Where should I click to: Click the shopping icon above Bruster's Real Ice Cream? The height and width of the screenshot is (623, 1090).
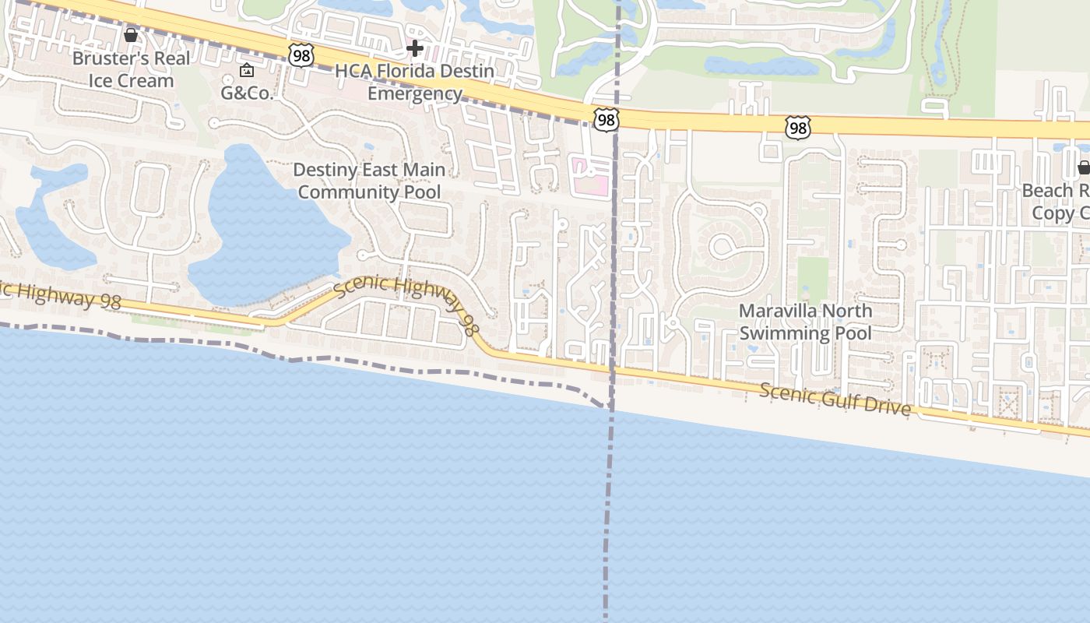click(x=131, y=35)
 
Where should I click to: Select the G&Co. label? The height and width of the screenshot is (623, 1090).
click(x=247, y=93)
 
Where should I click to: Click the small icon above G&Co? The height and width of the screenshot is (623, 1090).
click(x=247, y=71)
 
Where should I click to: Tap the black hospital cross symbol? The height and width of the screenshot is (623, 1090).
click(x=415, y=49)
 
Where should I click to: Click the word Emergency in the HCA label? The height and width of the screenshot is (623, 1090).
click(x=415, y=94)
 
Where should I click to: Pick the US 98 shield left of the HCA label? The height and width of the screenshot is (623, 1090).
click(x=301, y=55)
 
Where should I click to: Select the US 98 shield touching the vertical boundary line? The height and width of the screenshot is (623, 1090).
click(x=605, y=119)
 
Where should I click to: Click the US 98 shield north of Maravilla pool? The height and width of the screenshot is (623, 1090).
click(x=797, y=128)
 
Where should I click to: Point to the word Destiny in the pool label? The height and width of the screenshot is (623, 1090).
click(x=326, y=170)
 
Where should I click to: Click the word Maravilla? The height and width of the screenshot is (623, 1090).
click(x=779, y=311)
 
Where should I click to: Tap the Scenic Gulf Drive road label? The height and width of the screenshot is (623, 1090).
click(x=835, y=399)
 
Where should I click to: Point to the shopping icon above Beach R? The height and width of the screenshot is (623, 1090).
click(x=1083, y=167)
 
